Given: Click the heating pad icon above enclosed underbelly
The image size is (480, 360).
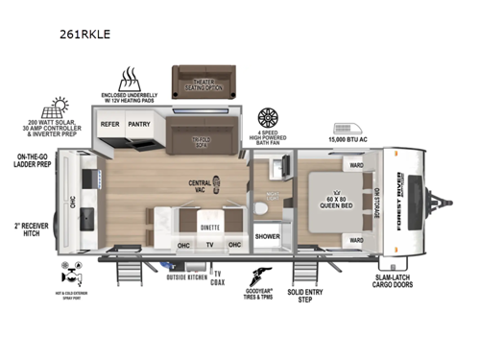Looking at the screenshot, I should point(130,79).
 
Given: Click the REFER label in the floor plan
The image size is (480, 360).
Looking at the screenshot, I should point(110,124).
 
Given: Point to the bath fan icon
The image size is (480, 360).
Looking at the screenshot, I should point(269,117).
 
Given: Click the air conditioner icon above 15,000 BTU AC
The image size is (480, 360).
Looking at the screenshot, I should point(346,129).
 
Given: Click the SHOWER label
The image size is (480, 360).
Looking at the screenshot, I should point(266,234).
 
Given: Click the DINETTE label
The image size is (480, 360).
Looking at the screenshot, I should point(210,228).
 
